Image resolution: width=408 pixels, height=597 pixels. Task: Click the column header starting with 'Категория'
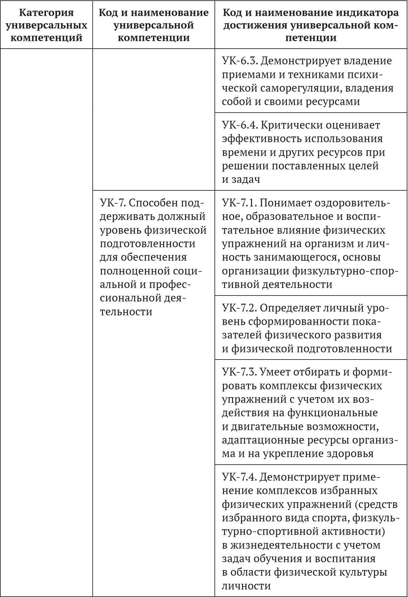pos(46,25)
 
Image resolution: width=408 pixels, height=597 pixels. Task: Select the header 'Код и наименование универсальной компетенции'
pos(153,25)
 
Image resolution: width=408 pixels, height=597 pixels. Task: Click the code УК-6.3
pos(239,61)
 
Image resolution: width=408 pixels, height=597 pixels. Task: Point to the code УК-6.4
pos(240,125)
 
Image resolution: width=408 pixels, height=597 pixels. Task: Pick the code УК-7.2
pos(239,308)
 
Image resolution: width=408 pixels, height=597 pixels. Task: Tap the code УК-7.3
pos(239,372)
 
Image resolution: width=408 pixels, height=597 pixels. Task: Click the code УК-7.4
pos(239,477)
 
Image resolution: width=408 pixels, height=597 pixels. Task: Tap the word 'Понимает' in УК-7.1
pos(285,203)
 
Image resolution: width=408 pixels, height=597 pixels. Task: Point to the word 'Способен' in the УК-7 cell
pos(155,203)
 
